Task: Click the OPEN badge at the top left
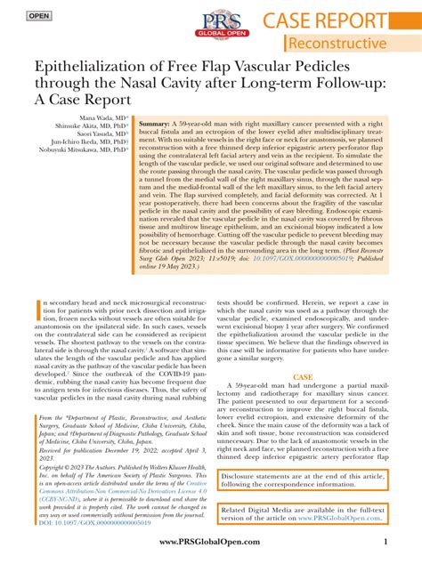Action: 38,16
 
